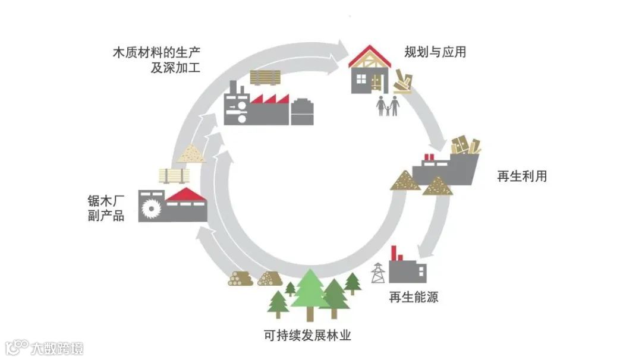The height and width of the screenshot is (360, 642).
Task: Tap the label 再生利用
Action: (x=521, y=176)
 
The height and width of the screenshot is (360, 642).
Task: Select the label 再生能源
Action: (x=413, y=297)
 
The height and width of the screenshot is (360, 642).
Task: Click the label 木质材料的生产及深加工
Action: (x=156, y=59)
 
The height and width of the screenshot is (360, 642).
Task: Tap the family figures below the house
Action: (x=387, y=106)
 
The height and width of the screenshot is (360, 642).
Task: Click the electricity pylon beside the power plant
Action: (x=377, y=274)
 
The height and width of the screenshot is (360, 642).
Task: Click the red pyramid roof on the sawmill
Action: (x=185, y=194)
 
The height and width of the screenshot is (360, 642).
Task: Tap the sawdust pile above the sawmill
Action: (x=192, y=154)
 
